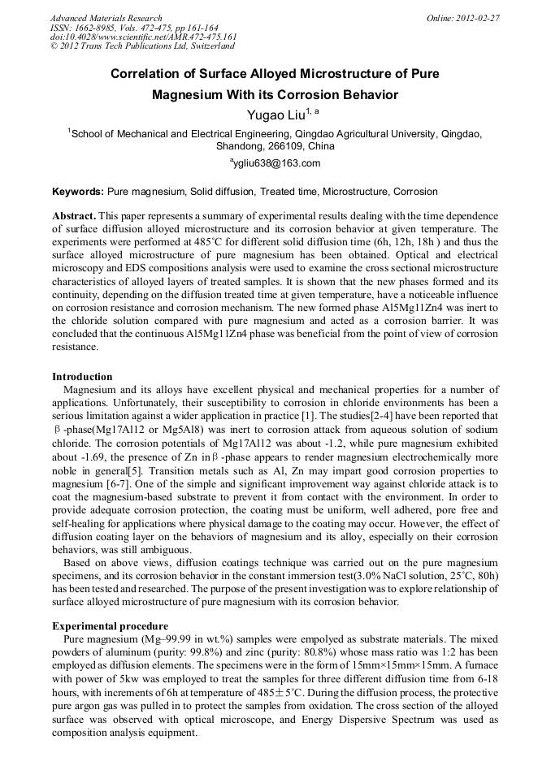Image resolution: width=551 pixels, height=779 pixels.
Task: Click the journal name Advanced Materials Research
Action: pyautogui.click(x=106, y=18)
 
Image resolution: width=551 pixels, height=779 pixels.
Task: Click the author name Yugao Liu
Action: pyautogui.click(x=270, y=115)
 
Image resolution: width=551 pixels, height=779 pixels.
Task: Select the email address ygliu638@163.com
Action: pyautogui.click(x=277, y=163)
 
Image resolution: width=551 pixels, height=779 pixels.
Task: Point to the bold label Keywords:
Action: pyautogui.click(x=78, y=193)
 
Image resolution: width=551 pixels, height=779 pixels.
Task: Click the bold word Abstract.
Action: pyautogui.click(x=74, y=217)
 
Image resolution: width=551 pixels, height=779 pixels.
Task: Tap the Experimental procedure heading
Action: pyautogui.click(x=110, y=626)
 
